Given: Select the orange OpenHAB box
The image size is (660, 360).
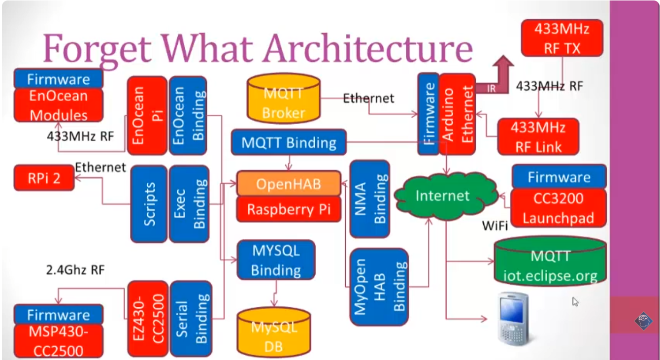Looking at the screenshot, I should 289,184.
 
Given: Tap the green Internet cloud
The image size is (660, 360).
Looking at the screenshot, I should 442,196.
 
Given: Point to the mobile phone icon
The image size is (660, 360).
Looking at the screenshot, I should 512,319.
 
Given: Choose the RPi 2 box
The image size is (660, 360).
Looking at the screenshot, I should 44,178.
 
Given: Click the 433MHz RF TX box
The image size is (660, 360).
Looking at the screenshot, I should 562,38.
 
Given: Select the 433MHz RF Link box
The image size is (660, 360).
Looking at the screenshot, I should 537,137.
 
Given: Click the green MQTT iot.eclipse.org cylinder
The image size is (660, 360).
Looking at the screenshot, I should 550,265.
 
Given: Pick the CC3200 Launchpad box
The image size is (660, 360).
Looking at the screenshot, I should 559,208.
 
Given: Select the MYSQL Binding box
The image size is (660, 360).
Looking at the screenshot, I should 276,260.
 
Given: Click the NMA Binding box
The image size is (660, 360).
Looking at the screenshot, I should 369,198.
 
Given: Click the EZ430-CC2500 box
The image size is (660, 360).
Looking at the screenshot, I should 147,319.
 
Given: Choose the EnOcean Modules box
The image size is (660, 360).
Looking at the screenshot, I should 58,105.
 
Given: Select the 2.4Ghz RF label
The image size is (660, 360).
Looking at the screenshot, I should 75,269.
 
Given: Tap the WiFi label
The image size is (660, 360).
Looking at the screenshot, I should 495,227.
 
